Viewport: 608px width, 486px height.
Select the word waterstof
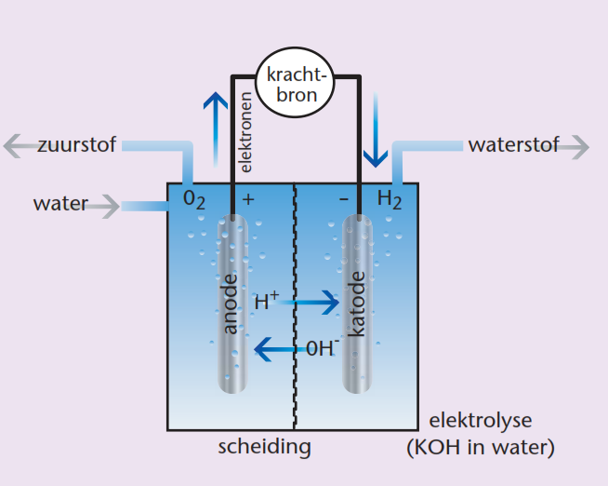[513, 145]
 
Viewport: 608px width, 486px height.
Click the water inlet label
[59, 204]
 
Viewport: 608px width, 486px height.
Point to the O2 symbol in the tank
[193, 198]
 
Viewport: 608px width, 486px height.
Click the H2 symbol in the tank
[390, 198]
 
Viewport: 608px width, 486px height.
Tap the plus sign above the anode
[248, 198]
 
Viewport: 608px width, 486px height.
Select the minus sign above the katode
[343, 198]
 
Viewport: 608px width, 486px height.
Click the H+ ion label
[267, 301]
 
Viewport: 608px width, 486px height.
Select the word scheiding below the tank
[264, 447]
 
